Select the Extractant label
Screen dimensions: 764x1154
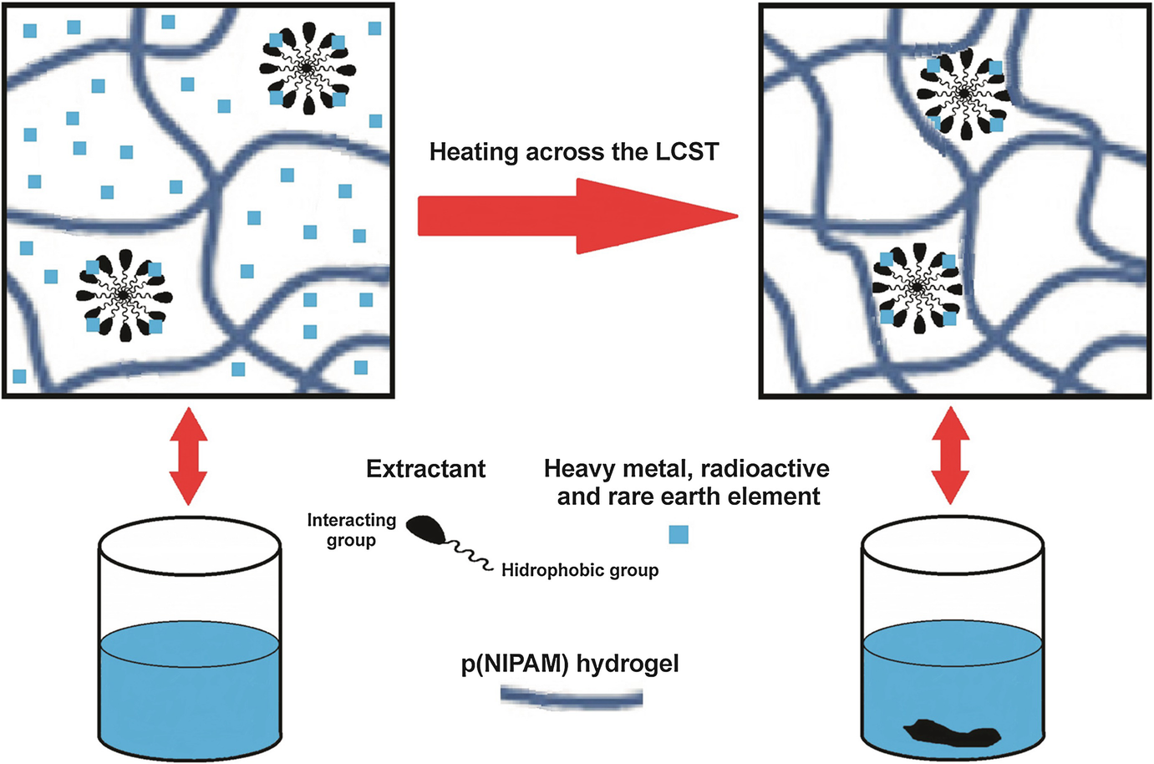[425, 469]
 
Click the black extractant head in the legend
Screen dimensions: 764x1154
[427, 528]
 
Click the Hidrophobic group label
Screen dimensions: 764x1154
[579, 570]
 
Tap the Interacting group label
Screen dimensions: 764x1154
[351, 530]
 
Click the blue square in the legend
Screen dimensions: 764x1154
[679, 534]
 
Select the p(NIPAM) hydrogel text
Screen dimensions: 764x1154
[570, 664]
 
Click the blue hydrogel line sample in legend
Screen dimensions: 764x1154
[572, 697]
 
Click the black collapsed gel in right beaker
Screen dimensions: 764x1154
[951, 732]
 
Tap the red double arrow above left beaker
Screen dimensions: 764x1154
[188, 456]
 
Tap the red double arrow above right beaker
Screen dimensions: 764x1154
[951, 456]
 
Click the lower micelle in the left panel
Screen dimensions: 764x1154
[124, 295]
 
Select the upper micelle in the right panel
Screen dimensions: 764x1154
[964, 94]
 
